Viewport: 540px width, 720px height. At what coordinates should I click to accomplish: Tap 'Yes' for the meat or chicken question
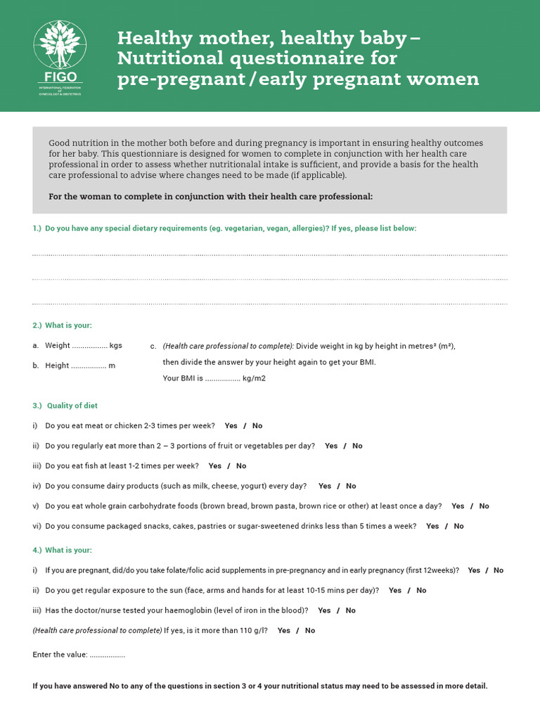click(x=231, y=426)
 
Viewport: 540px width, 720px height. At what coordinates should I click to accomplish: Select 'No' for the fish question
click(x=241, y=466)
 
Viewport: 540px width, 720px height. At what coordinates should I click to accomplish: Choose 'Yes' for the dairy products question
click(x=325, y=486)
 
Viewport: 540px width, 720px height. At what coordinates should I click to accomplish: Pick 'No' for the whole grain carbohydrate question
click(x=484, y=506)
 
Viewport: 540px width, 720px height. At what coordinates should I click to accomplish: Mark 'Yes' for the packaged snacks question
click(x=432, y=526)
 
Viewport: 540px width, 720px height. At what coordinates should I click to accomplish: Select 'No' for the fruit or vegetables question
click(x=357, y=446)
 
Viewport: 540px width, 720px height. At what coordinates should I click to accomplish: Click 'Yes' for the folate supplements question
click(x=474, y=570)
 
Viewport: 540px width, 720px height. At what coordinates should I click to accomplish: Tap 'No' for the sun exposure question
click(x=421, y=591)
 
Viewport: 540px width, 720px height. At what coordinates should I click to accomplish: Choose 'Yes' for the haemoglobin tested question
click(x=324, y=610)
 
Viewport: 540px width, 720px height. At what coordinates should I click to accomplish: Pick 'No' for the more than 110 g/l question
click(x=310, y=631)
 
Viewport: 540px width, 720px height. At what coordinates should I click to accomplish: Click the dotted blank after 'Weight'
click(x=89, y=346)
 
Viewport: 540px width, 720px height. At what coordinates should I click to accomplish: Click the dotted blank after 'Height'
click(x=89, y=366)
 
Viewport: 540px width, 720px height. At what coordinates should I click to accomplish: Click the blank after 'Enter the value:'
click(x=108, y=655)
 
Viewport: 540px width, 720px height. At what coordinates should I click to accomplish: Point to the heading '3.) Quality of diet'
click(x=65, y=406)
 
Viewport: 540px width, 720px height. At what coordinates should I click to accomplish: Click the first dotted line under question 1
click(x=269, y=255)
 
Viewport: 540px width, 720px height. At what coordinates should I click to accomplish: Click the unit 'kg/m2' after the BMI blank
click(x=254, y=378)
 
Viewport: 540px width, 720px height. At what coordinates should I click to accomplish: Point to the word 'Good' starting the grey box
click(x=59, y=143)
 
